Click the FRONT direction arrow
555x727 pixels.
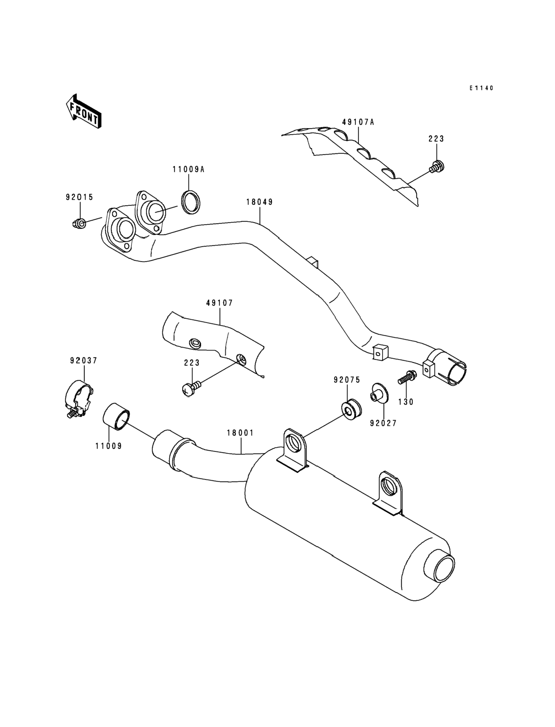pyautogui.click(x=84, y=111)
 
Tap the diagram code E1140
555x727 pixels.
pyautogui.click(x=482, y=88)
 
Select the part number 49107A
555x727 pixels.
pyautogui.click(x=358, y=122)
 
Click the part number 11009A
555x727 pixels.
pyautogui.click(x=189, y=170)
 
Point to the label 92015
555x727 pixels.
pyautogui.click(x=79, y=197)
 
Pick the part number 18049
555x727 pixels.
pyautogui.click(x=260, y=202)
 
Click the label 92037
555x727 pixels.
pyautogui.click(x=84, y=360)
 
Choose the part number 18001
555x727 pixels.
pyautogui.click(x=240, y=432)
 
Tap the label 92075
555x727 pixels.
pyautogui.click(x=347, y=380)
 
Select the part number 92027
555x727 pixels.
pyautogui.click(x=383, y=423)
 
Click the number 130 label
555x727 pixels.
pyautogui.click(x=406, y=402)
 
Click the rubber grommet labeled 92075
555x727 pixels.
pyautogui.click(x=350, y=410)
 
